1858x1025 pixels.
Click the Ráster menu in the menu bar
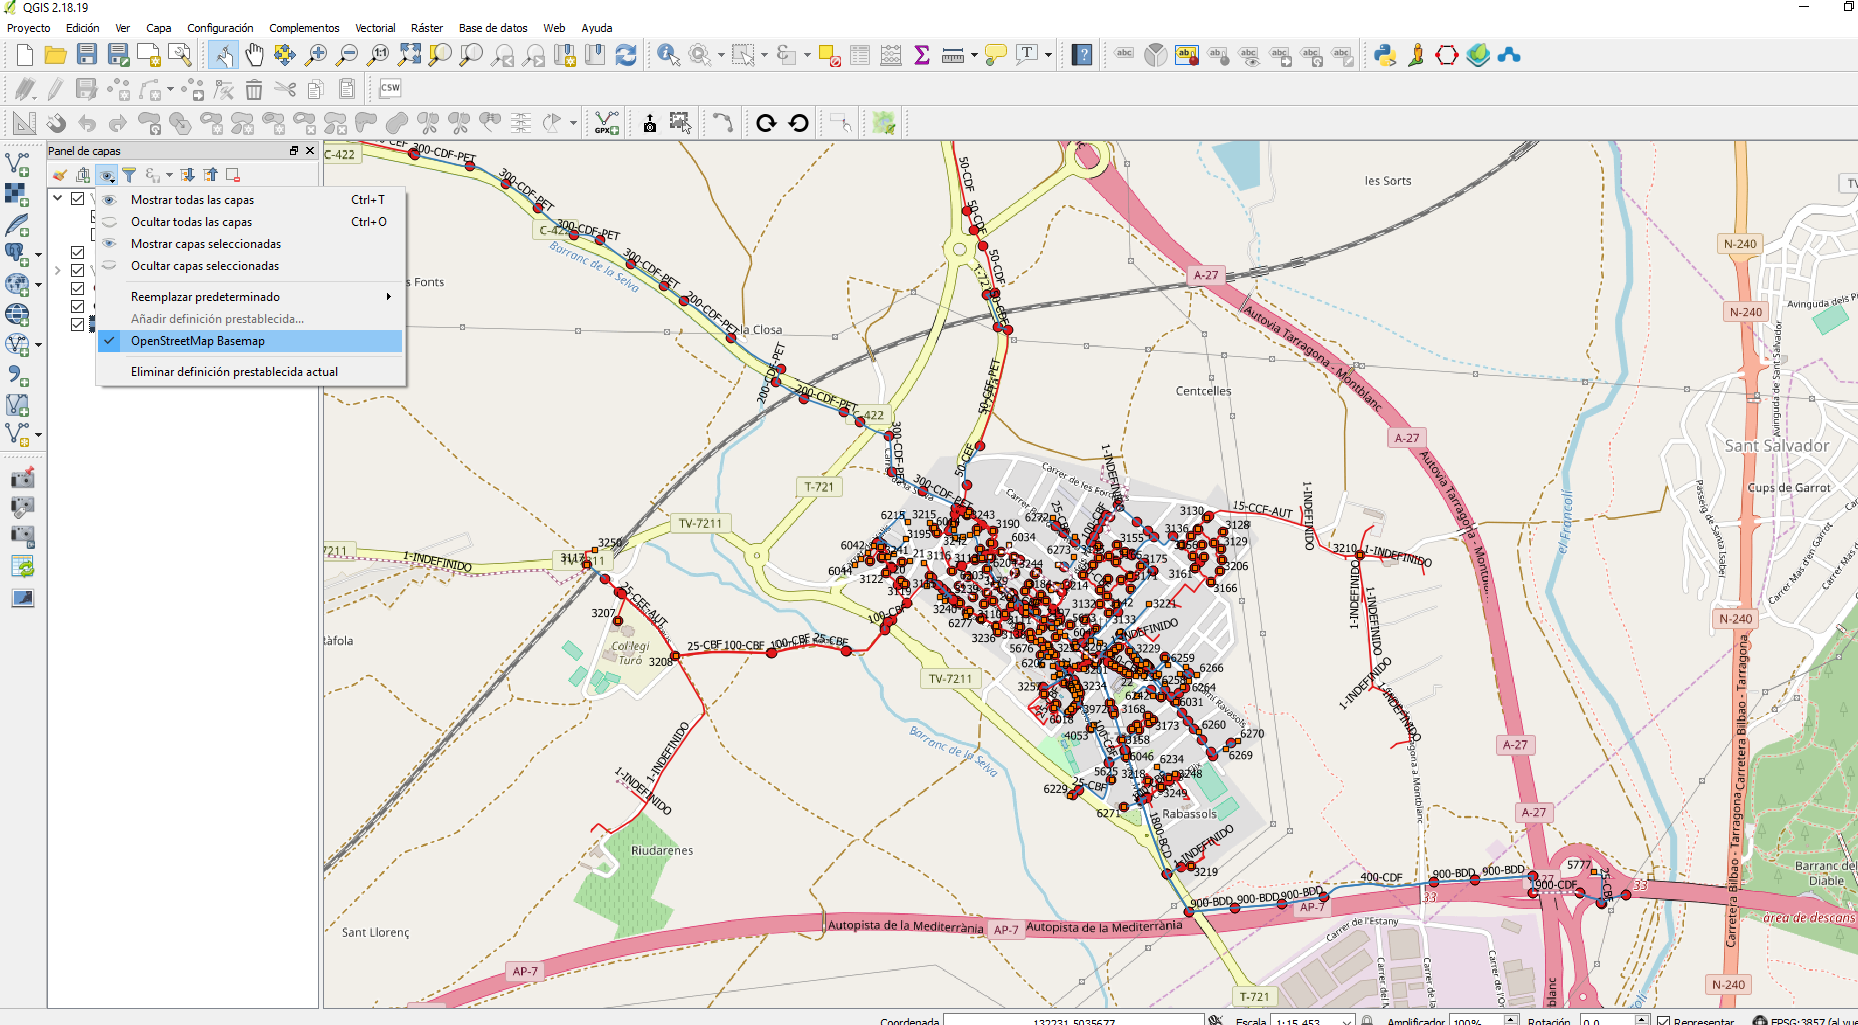tap(426, 28)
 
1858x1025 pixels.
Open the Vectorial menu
tap(375, 28)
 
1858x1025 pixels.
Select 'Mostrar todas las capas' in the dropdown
tap(192, 200)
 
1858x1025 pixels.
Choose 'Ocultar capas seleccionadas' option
tap(204, 266)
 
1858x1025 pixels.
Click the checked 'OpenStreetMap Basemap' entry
tap(197, 341)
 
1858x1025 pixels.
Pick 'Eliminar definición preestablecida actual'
tap(234, 372)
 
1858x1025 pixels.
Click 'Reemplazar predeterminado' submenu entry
tap(205, 297)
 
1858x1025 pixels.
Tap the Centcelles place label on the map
tap(1203, 391)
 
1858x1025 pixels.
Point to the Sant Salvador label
tap(1776, 446)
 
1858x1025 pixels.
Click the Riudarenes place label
tap(662, 851)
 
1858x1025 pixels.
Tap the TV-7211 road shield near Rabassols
tap(949, 679)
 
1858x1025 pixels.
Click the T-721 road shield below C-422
tap(819, 487)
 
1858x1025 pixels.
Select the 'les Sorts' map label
tap(1387, 181)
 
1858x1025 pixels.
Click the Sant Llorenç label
tap(375, 933)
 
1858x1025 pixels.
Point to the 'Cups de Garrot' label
tap(1788, 488)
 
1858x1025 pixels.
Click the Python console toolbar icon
tap(1385, 55)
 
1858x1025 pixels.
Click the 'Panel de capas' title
tap(84, 151)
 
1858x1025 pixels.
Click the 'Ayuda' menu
tap(596, 28)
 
